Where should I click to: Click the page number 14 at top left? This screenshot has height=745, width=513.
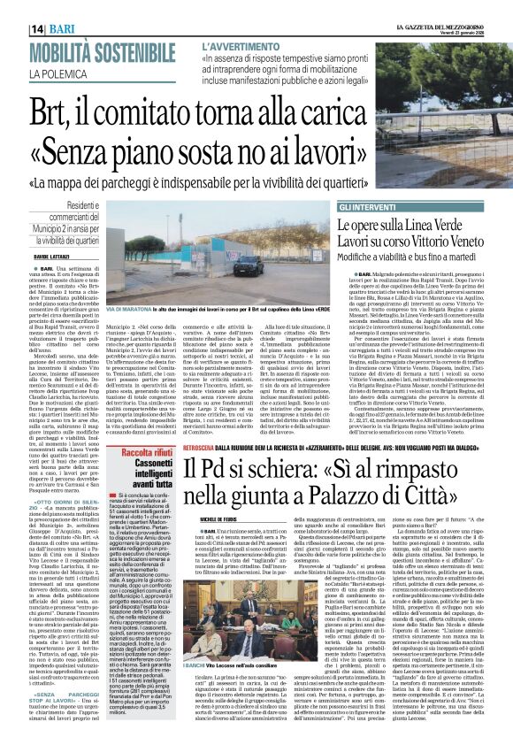(14, 7)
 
